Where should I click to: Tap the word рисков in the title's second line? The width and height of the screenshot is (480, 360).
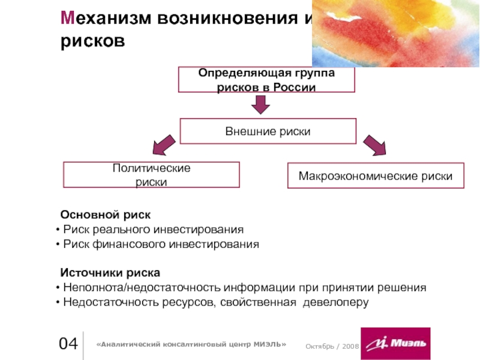(x=93, y=41)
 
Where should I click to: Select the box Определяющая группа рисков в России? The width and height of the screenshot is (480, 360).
(x=266, y=80)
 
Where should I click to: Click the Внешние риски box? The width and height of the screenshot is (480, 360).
(x=268, y=131)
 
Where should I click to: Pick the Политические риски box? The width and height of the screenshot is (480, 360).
(x=151, y=175)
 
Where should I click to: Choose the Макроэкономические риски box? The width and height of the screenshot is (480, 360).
(x=376, y=176)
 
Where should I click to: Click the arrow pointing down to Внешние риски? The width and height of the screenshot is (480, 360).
(x=260, y=106)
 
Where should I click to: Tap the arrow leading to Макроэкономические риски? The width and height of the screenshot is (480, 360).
(x=375, y=145)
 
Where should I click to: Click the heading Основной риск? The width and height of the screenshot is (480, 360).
(x=105, y=214)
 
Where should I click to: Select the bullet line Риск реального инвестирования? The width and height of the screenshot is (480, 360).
(x=153, y=229)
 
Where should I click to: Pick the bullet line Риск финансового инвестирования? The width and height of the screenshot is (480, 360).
(x=161, y=244)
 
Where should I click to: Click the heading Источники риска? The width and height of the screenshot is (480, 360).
(x=110, y=273)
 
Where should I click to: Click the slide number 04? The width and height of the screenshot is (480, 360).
(x=68, y=344)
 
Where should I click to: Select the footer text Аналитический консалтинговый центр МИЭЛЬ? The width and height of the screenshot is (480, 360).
(x=191, y=344)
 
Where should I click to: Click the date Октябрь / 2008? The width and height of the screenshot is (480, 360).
(x=331, y=347)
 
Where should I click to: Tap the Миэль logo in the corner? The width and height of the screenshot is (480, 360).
(x=395, y=343)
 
